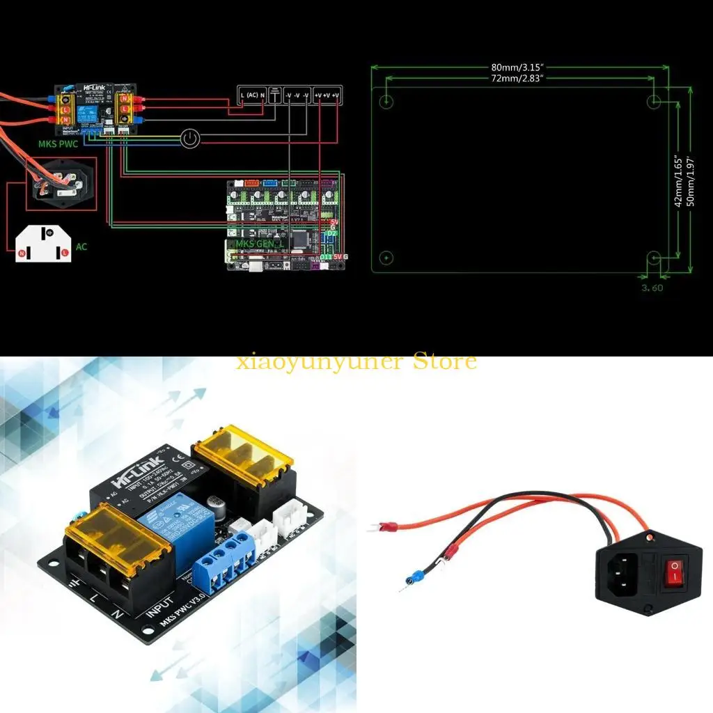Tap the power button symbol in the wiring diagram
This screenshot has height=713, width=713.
189,139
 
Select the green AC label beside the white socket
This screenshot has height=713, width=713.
82,246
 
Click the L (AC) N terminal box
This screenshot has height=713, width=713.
252,95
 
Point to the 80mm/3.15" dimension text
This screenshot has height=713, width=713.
517,68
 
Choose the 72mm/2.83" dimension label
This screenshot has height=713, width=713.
517,79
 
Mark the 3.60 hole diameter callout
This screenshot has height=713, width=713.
653,287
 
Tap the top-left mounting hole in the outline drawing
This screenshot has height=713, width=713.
388,102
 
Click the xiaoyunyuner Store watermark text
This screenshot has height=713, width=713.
356,362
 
